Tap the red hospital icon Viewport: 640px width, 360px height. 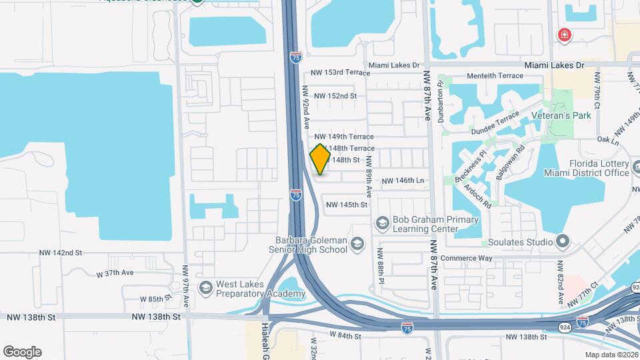coord(565,35)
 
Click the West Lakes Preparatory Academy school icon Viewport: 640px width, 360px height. coord(205,287)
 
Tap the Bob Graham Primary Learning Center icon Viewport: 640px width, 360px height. coord(383,221)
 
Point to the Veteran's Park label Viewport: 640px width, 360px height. coord(562,115)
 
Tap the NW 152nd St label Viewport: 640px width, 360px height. coord(335,95)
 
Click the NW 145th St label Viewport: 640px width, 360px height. coord(347,205)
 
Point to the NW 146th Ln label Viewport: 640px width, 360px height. coord(403,181)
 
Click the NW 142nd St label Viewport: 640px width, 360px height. coord(60,253)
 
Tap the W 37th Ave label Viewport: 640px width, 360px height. coord(115,273)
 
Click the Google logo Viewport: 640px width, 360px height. coord(22,351)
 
